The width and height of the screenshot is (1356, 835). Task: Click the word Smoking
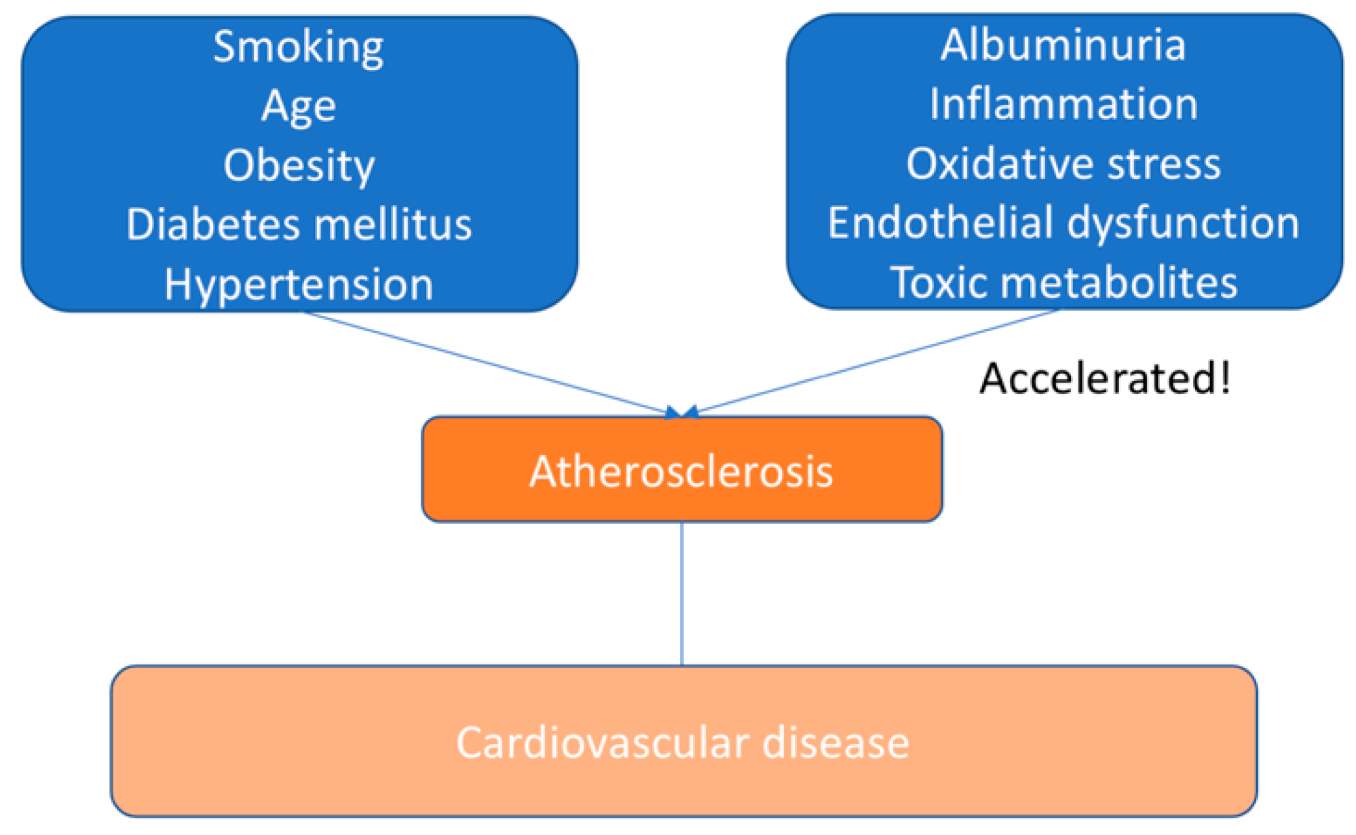(299, 47)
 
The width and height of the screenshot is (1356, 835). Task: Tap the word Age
(299, 107)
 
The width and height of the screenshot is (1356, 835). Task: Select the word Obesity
(299, 166)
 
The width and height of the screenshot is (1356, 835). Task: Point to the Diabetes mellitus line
(299, 225)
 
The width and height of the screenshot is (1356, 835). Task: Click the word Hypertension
(299, 284)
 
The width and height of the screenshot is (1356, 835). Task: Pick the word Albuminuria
(1063, 45)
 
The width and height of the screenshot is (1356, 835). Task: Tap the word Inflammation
(1063, 104)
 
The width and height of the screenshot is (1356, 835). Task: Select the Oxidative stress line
(1063, 164)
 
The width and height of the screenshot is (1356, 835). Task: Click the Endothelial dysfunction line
(1063, 223)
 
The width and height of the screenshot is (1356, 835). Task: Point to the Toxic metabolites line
(1063, 282)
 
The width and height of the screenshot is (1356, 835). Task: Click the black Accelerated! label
(1104, 378)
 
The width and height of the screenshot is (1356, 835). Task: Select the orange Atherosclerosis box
(681, 470)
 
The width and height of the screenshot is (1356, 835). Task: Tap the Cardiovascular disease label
(682, 743)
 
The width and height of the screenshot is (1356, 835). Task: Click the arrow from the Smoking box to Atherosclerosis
(485, 362)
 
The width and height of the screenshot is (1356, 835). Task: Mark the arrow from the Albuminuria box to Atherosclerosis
(875, 361)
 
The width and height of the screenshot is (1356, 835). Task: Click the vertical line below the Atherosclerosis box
(681, 594)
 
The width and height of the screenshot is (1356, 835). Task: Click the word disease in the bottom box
(835, 743)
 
